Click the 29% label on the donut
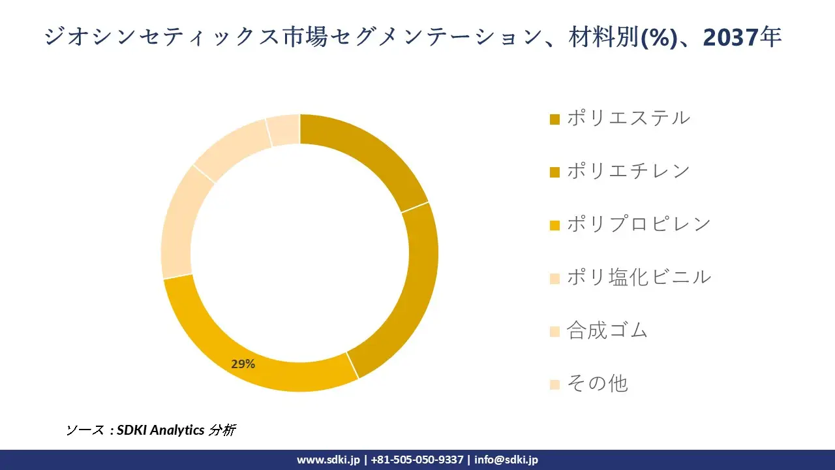(243, 364)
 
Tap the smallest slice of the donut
(284, 129)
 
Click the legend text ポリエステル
(628, 118)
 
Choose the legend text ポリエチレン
(628, 171)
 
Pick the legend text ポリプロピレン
(639, 224)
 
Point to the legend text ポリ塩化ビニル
(639, 277)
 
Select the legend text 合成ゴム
(607, 330)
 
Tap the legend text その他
(597, 383)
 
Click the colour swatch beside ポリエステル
(555, 119)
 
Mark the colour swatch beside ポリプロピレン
(555, 225)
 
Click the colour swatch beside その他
(555, 384)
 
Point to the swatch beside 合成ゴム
(555, 332)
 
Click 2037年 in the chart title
(742, 38)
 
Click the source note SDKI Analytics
(160, 430)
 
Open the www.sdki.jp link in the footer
(328, 460)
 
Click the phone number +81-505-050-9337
(417, 460)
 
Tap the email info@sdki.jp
(506, 460)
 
